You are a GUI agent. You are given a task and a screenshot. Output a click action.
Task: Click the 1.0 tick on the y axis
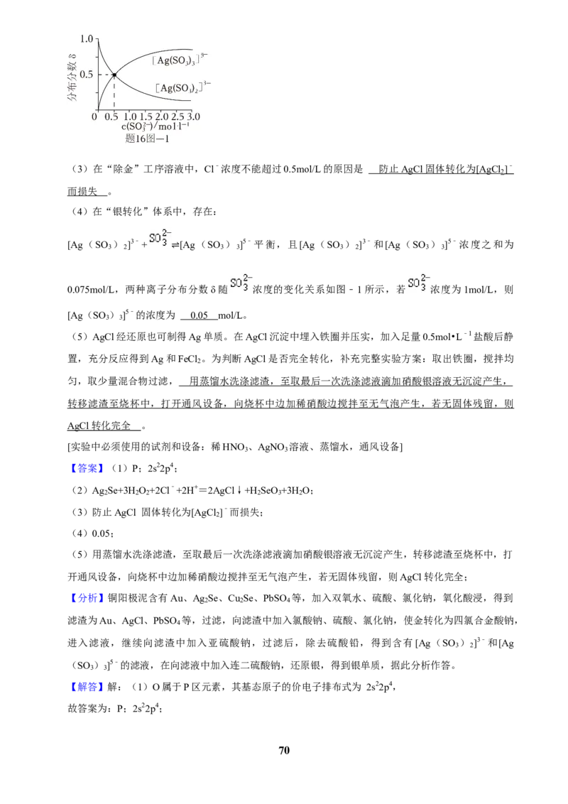[87, 39]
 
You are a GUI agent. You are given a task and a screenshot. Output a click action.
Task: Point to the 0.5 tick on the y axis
[87, 75]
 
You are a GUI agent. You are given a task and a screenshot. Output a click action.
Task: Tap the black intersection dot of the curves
[114, 75]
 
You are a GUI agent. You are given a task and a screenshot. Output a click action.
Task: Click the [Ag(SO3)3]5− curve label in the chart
[180, 59]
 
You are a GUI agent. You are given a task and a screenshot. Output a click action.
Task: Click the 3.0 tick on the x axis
[193, 117]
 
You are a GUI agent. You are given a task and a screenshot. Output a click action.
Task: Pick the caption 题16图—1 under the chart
[147, 138]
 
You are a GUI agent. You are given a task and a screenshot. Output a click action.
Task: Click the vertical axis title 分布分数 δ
[72, 76]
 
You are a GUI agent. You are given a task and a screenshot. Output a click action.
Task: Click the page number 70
[284, 750]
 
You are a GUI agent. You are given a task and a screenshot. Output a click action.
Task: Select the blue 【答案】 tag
[86, 468]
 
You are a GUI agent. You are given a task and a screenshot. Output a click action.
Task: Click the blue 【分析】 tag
[86, 599]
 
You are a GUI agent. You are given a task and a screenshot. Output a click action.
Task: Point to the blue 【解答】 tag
[86, 687]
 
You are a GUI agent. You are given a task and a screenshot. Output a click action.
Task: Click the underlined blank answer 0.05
[199, 315]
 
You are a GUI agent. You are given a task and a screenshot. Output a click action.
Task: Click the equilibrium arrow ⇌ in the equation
[175, 245]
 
